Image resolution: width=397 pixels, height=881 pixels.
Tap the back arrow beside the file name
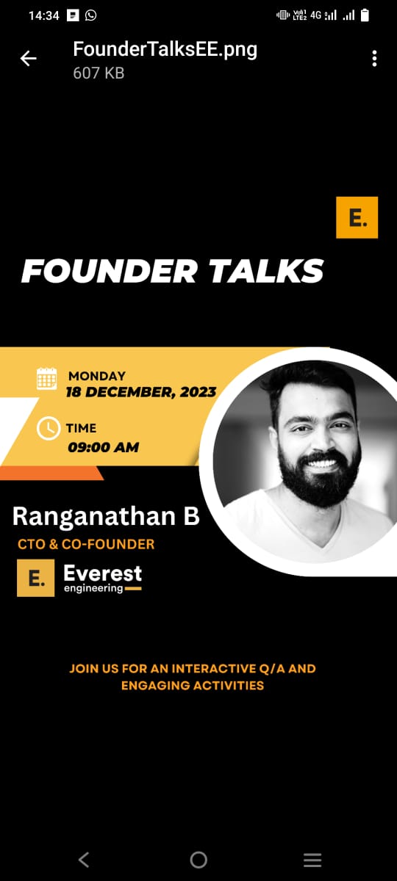point(29,59)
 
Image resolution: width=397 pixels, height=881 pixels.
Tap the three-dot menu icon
point(374,59)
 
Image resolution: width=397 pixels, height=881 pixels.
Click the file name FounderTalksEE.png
point(165,50)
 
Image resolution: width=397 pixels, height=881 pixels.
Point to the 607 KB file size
point(99,73)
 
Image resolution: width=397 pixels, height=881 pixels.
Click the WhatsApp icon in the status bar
point(90,15)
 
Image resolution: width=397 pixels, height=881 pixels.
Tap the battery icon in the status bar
point(365,15)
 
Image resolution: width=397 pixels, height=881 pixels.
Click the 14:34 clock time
point(43,15)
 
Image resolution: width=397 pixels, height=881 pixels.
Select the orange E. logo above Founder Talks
point(357,217)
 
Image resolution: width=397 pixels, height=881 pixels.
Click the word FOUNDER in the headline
point(110,271)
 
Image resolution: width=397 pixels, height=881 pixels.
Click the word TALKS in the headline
point(266,271)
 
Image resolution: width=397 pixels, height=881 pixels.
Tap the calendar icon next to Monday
point(46,379)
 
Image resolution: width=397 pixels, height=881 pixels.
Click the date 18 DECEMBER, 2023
point(141,392)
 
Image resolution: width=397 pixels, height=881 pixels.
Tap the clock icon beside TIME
point(49,428)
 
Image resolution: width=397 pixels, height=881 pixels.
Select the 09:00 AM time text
point(103,447)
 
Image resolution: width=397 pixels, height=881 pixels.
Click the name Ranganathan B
point(106,516)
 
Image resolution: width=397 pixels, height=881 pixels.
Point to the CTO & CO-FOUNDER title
point(86,544)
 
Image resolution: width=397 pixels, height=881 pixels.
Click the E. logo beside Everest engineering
point(36,578)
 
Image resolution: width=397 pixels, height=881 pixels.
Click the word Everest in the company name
point(102,573)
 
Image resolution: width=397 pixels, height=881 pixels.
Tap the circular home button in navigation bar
point(198,860)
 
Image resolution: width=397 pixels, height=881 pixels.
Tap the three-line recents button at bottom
point(312,860)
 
